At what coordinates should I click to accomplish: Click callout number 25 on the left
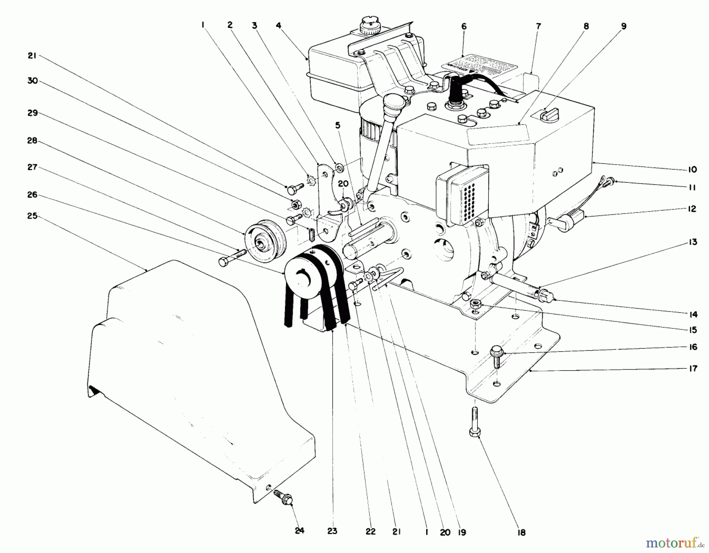pos(33,216)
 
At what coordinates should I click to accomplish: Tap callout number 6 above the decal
pos(464,26)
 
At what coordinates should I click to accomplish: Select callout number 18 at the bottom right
pos(521,533)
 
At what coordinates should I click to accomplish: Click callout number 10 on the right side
pos(692,170)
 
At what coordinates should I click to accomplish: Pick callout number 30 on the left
pos(32,81)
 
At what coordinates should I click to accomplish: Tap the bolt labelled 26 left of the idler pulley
pos(229,260)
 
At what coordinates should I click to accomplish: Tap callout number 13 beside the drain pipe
pos(692,242)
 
